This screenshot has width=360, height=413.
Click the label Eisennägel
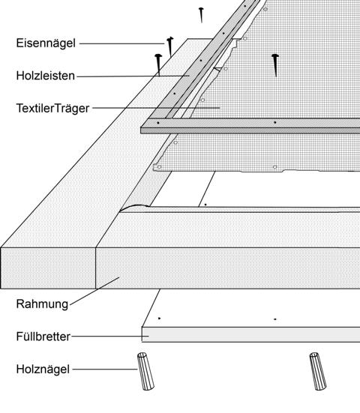click(x=46, y=43)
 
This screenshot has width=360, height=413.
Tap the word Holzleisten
click(x=46, y=76)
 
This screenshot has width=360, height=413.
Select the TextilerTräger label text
click(x=52, y=109)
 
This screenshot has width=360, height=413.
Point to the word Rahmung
click(x=42, y=304)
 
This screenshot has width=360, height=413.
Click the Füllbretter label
click(x=43, y=337)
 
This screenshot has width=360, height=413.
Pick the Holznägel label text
click(x=43, y=370)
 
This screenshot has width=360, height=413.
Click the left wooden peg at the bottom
click(x=145, y=371)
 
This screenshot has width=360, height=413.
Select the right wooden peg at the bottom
click(x=318, y=371)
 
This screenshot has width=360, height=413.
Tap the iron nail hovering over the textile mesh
click(x=275, y=65)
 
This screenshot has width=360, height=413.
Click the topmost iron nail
click(x=201, y=15)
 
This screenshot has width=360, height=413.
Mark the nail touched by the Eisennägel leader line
click(x=170, y=46)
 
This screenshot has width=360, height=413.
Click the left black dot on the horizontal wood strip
click(x=157, y=123)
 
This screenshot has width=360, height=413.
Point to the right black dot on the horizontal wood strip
click(x=275, y=122)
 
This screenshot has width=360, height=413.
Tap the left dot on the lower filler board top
click(x=159, y=319)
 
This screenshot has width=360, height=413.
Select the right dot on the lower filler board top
click(x=275, y=319)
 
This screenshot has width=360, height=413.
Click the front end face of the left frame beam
click(x=48, y=268)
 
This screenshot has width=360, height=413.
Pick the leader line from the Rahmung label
click(x=94, y=292)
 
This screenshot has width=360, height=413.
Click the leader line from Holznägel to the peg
click(x=105, y=370)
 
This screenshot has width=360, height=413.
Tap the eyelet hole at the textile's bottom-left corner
click(x=159, y=166)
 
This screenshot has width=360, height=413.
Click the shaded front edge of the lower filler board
click(x=251, y=335)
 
